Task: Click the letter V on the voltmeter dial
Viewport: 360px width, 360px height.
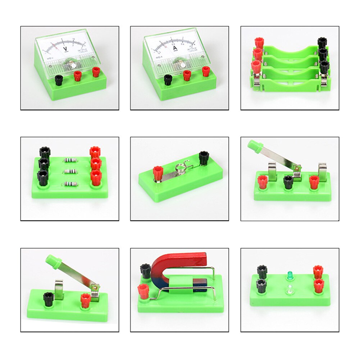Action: pos(65,49)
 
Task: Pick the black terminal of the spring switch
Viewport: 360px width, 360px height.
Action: pos(204,158)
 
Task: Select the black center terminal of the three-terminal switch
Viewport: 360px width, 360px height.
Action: pos(288,182)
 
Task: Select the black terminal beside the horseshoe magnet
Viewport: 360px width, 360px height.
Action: pos(145,270)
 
